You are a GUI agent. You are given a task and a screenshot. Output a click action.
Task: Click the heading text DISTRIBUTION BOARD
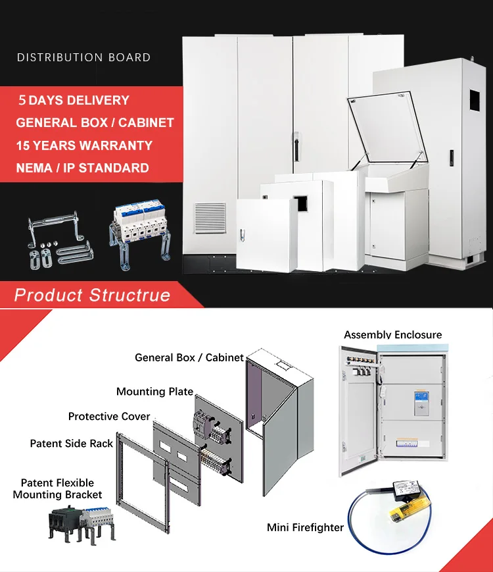pos(83,57)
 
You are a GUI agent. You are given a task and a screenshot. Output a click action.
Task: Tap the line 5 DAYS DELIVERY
pos(73,101)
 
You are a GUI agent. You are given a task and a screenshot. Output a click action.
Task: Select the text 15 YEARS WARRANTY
pos(84,145)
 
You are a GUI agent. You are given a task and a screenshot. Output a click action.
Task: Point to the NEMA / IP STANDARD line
pos(82,168)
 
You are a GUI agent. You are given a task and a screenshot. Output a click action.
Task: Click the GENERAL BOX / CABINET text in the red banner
pos(95,123)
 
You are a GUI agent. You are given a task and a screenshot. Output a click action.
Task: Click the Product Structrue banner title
pos(92,295)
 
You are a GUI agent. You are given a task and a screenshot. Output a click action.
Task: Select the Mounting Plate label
pos(154,392)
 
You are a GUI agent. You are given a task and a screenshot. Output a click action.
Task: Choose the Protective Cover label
pos(109,417)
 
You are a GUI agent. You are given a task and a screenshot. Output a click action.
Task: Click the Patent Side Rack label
pos(72,444)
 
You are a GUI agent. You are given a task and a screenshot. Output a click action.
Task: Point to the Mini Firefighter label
pos(306,527)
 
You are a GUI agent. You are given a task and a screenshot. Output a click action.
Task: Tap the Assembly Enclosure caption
pos(393,335)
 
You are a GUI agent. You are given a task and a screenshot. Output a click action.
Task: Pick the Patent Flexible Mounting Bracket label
pos(57,488)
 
